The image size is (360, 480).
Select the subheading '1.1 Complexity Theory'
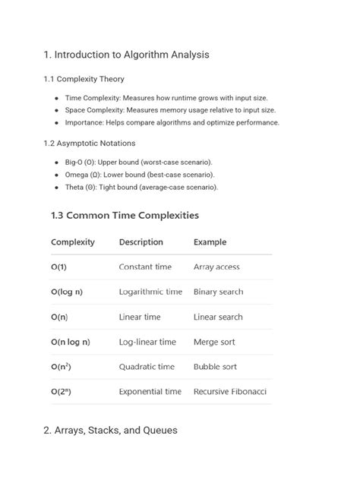84,79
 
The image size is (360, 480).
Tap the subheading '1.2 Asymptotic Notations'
90,143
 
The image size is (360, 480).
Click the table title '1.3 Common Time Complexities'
125,215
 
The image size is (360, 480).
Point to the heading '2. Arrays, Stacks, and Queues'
110,430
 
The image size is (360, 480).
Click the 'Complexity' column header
73,242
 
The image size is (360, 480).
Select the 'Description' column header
141,242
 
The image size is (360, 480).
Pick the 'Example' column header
210,242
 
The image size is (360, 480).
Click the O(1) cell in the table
58,267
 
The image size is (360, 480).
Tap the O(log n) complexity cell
67,292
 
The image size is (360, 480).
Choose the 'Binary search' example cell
219,292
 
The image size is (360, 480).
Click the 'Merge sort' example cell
215,342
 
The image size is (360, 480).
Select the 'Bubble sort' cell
216,367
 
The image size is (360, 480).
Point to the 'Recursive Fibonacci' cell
230,392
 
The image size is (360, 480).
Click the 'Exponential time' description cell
150,392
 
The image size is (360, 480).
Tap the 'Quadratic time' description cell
147,367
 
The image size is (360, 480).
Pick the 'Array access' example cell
216,267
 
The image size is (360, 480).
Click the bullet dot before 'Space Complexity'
57,110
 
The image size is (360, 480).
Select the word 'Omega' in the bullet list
77,175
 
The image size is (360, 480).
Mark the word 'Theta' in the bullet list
75,187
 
